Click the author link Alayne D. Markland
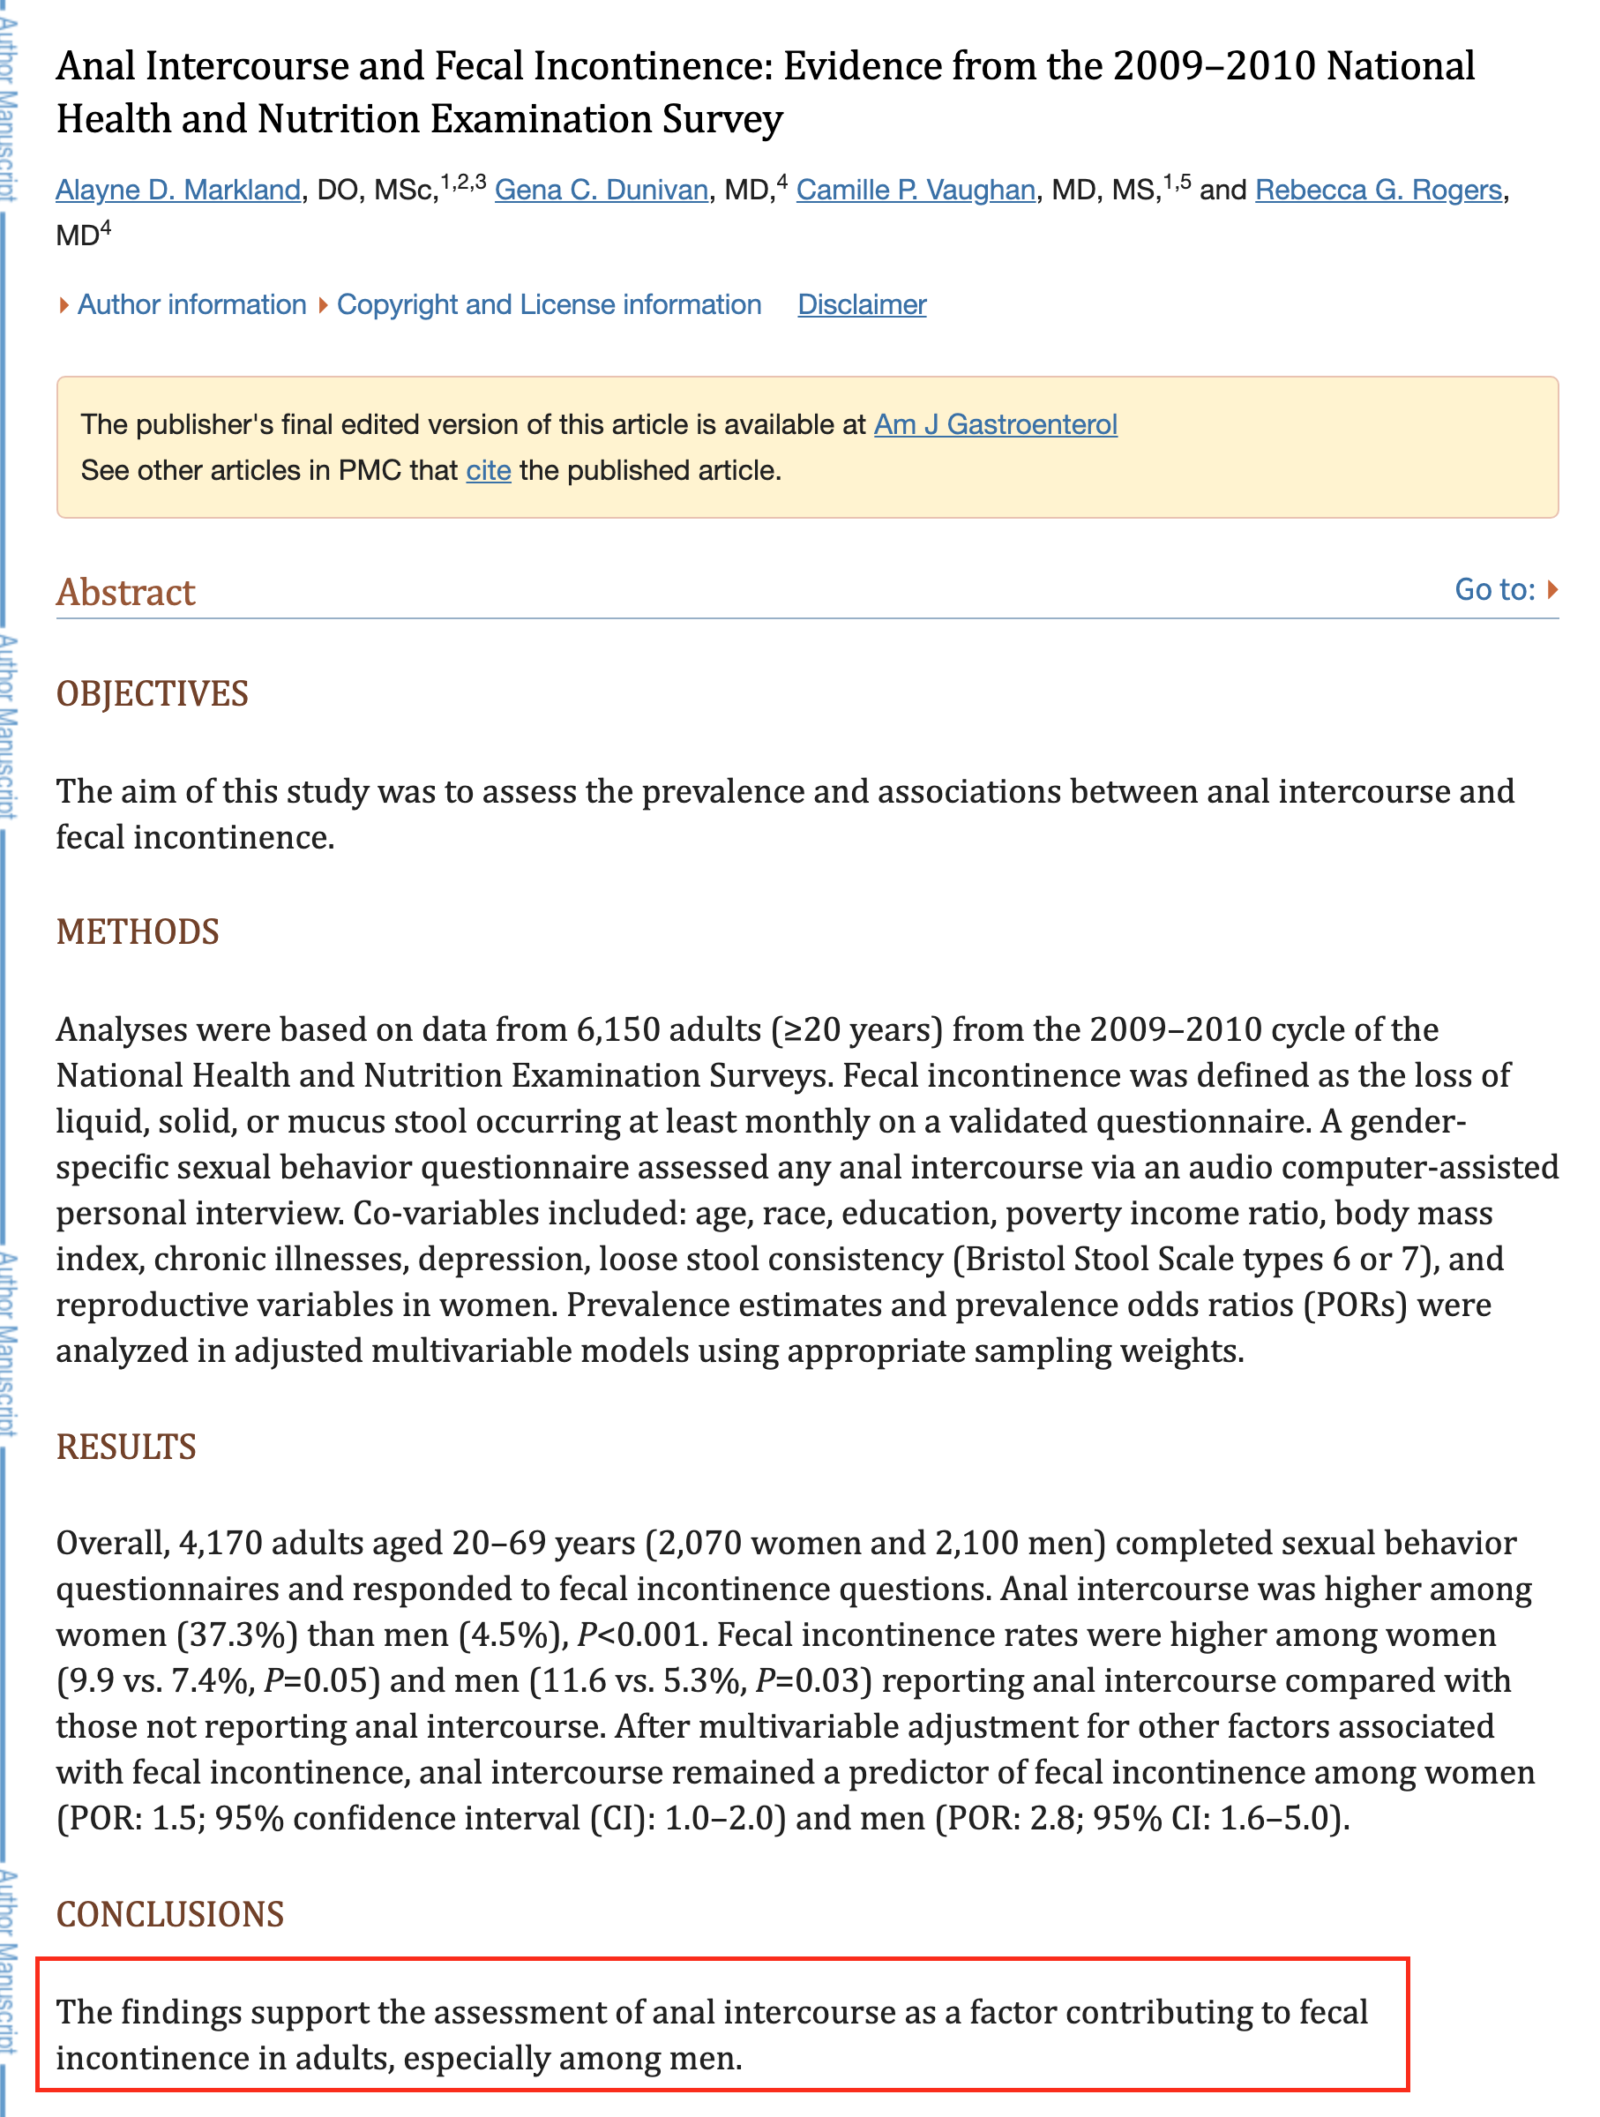pyautogui.click(x=178, y=190)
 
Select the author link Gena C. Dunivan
pyautogui.click(x=601, y=190)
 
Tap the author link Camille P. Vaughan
pyautogui.click(x=915, y=190)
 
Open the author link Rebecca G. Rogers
pyautogui.click(x=1378, y=190)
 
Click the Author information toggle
pyautogui.click(x=191, y=304)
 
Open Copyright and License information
pyautogui.click(x=549, y=304)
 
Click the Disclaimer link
pyautogui.click(x=861, y=304)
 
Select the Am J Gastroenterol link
pyautogui.click(x=995, y=424)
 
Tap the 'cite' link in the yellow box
pyautogui.click(x=488, y=470)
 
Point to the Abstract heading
pyautogui.click(x=125, y=593)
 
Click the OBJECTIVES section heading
pyautogui.click(x=153, y=694)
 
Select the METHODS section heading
pyautogui.click(x=138, y=931)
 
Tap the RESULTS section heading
pyautogui.click(x=126, y=1446)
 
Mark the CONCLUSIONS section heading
pyautogui.click(x=170, y=1913)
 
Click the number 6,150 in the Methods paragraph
pyautogui.click(x=618, y=1029)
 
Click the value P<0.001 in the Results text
pyautogui.click(x=641, y=1635)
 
